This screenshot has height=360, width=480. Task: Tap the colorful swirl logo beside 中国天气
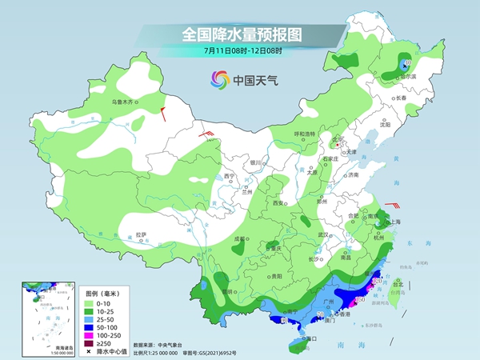coord(218,79)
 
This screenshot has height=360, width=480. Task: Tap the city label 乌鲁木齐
coord(126,102)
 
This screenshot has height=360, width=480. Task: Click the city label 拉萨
coord(142,234)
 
